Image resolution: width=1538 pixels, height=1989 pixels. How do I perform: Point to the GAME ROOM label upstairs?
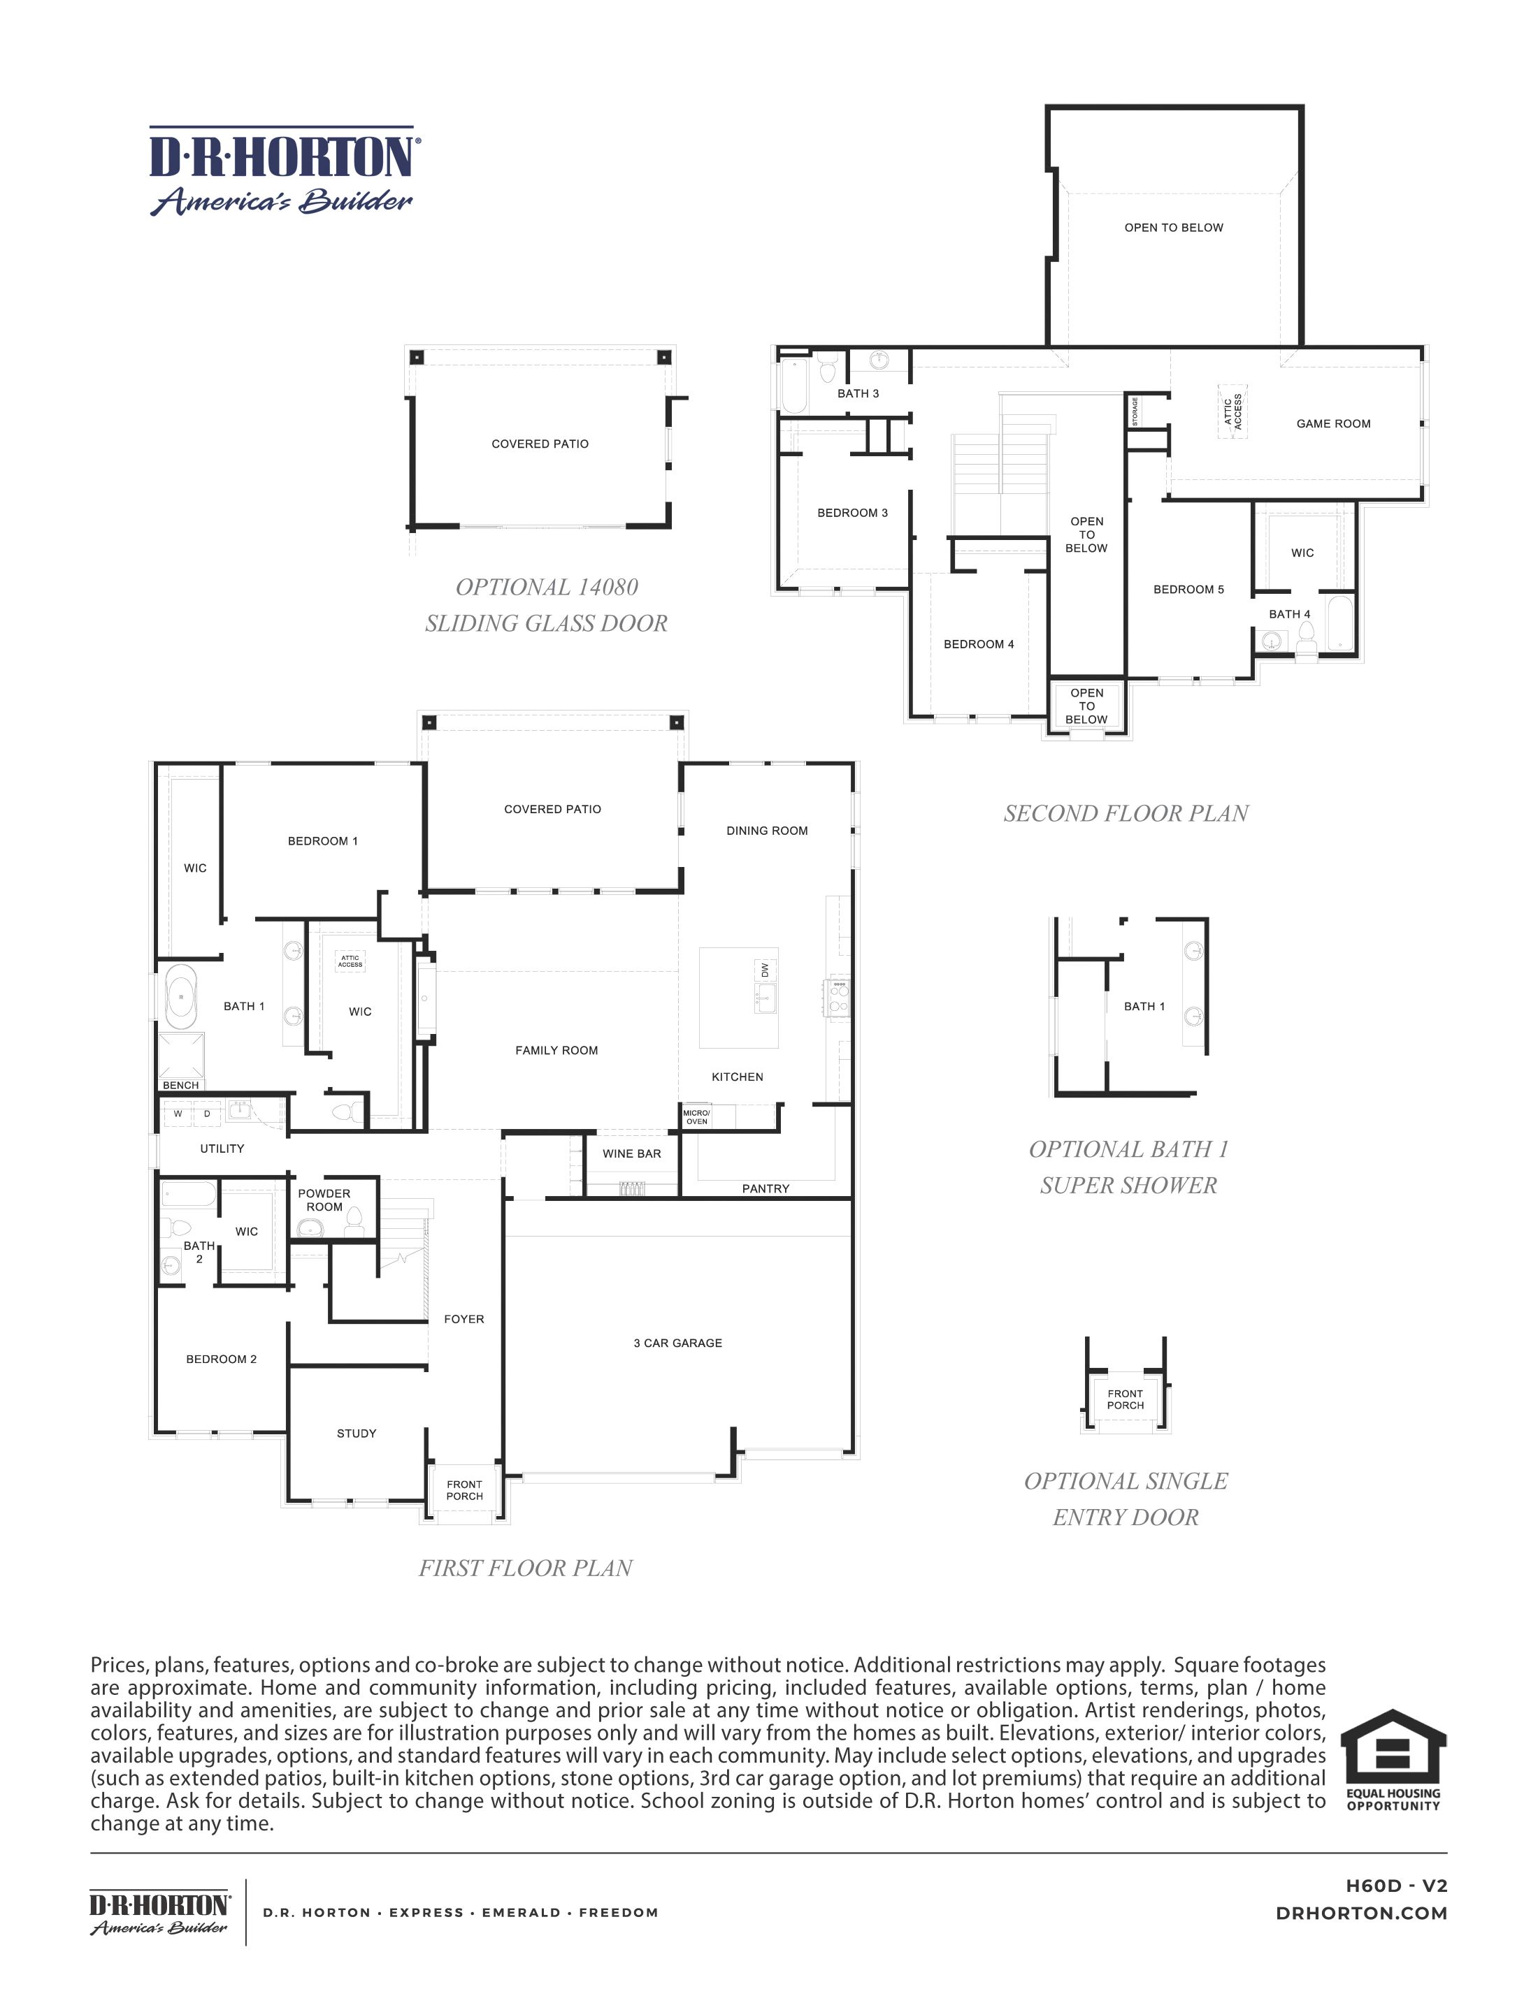tap(1333, 423)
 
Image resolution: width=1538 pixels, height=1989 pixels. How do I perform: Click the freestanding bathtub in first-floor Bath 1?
tap(180, 997)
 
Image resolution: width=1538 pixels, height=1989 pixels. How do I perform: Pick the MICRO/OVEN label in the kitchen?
tap(696, 1116)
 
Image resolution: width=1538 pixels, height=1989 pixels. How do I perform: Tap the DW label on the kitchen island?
tap(764, 970)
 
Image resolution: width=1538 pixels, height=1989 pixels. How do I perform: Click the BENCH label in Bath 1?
tap(180, 1085)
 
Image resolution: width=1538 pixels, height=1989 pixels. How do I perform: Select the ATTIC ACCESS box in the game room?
tap(1232, 411)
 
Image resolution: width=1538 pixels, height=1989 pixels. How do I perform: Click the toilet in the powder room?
tap(354, 1219)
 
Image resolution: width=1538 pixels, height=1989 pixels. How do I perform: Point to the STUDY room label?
tap(357, 1433)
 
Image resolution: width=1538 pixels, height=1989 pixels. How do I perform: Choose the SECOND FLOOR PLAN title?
tap(1126, 813)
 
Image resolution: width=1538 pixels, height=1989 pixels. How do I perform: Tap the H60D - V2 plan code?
tap(1396, 1886)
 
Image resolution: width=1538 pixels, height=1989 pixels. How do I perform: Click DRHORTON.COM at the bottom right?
tap(1361, 1914)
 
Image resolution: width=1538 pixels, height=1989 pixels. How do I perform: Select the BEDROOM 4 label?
tap(979, 644)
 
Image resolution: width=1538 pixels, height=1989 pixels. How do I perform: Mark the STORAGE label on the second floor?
tap(1135, 411)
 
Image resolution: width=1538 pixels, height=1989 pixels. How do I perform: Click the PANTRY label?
tap(766, 1188)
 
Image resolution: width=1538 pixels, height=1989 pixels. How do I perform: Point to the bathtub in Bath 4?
tap(1339, 624)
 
